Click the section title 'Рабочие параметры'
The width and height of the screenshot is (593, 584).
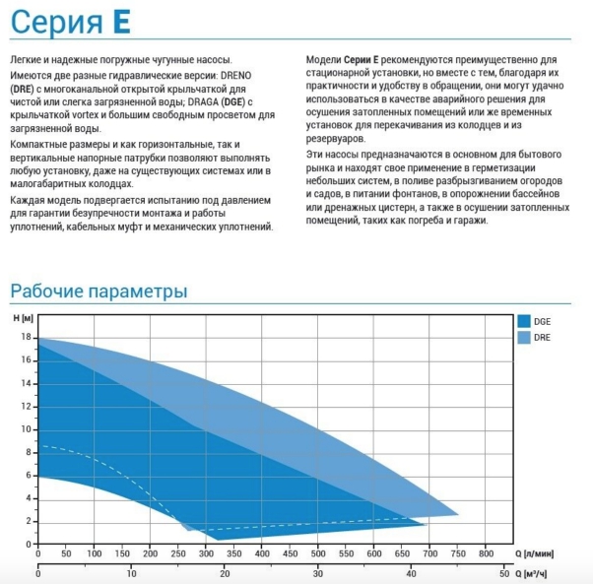pos(99,292)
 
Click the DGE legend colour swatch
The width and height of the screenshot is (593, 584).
pos(523,322)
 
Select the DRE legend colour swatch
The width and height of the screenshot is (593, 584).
pos(523,338)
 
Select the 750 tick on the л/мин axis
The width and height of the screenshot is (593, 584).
pos(458,554)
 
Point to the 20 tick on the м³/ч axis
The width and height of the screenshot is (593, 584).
pos(225,573)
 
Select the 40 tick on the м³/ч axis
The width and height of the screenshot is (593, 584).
pos(411,573)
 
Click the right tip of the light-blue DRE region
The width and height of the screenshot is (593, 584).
pos(458,514)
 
